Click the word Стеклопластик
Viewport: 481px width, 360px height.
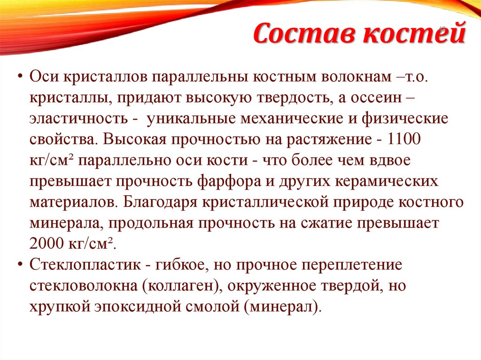84,265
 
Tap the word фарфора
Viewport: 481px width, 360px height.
231,182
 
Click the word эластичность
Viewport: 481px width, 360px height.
78,118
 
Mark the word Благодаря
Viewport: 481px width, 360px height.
157,202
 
